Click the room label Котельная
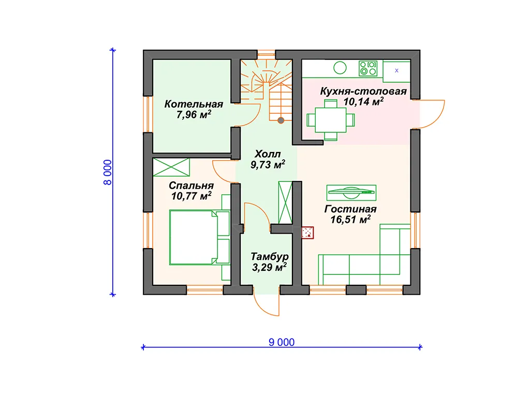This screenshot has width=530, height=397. (194, 104)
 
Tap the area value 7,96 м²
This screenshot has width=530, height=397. (194, 114)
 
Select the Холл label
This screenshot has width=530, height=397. (268, 154)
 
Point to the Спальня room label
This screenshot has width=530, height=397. (191, 186)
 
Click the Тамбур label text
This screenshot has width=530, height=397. (269, 256)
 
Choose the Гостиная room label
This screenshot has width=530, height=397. (350, 209)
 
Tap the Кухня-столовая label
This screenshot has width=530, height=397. (363, 91)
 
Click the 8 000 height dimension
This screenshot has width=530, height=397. (107, 172)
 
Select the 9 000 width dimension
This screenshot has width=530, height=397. (282, 342)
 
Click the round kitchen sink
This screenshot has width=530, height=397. (340, 68)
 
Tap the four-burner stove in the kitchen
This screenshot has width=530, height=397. (368, 68)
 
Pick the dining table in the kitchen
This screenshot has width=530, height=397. (331, 120)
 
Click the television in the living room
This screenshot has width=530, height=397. (351, 192)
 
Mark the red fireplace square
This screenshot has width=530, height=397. (307, 233)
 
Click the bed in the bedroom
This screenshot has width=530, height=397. (199, 237)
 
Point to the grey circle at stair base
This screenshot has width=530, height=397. (281, 120)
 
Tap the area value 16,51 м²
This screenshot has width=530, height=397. (350, 219)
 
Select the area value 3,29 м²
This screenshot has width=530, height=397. (269, 267)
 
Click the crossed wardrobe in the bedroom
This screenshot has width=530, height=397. (171, 167)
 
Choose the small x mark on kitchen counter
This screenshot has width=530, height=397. (396, 70)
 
